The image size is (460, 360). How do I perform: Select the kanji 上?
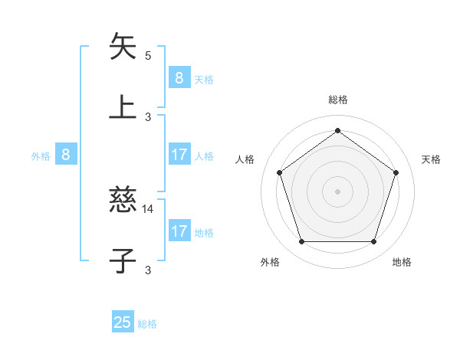tap(123, 106)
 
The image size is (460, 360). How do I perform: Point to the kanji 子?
tap(123, 260)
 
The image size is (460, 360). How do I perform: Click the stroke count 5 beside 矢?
tap(148, 55)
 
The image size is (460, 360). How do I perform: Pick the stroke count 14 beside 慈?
tap(148, 208)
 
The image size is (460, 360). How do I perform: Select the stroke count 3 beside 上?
tap(148, 116)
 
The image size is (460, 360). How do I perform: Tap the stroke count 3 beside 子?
tap(148, 270)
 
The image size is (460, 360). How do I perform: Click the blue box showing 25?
tap(123, 322)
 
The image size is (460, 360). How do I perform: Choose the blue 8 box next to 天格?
tap(179, 77)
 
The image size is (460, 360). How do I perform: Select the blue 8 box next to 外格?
tap(66, 155)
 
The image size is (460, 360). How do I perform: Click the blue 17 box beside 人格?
tap(179, 155)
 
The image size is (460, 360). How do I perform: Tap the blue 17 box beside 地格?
tap(179, 231)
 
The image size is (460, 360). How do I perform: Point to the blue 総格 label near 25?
tap(147, 324)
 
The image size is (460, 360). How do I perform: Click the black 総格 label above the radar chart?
tap(337, 100)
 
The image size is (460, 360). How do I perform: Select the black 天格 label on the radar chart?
tap(431, 159)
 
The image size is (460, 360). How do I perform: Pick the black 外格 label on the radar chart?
tap(270, 262)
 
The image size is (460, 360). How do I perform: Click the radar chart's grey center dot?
tap(337, 191)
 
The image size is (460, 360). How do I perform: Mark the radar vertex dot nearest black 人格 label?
tap(279, 172)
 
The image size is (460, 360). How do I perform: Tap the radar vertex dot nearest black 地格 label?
tap(373, 242)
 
